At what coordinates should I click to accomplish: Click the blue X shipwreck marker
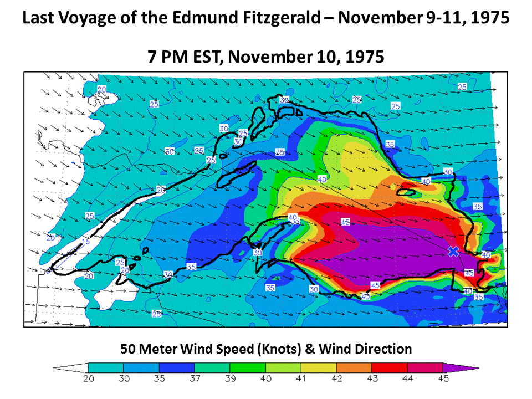(x=453, y=252)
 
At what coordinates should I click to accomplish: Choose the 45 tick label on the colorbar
(x=443, y=378)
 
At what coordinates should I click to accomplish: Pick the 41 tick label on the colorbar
(x=301, y=378)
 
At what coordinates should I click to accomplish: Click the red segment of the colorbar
(x=390, y=367)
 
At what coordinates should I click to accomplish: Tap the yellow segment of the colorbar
(x=319, y=367)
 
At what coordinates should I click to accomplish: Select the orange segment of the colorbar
(x=354, y=367)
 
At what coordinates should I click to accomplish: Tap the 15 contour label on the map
(x=85, y=242)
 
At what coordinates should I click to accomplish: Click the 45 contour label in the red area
(x=345, y=222)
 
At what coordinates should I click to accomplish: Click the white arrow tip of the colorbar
(x=69, y=367)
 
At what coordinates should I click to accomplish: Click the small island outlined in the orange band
(x=406, y=192)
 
